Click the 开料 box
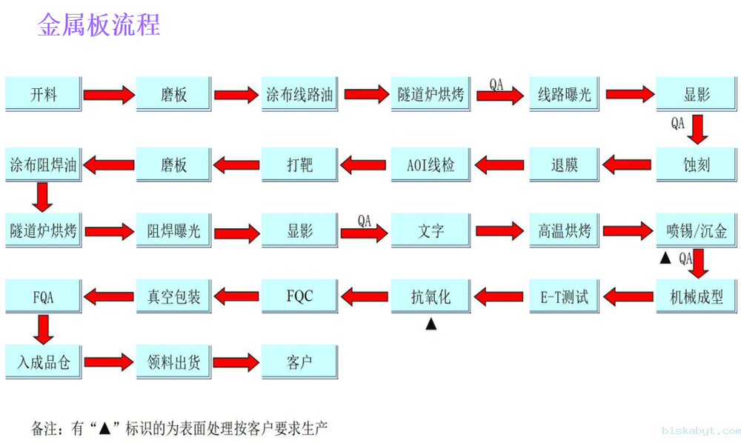click(x=43, y=94)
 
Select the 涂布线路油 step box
click(x=299, y=94)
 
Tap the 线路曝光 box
click(x=564, y=94)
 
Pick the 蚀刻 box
click(x=697, y=164)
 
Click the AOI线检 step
click(x=431, y=164)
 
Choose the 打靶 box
click(x=299, y=164)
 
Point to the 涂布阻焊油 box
click(x=43, y=164)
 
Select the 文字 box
click(x=431, y=230)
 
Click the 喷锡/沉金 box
click(x=697, y=230)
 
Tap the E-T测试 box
click(x=564, y=297)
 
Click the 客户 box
click(x=299, y=362)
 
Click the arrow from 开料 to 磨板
click(x=108, y=95)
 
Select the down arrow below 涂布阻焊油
click(x=43, y=197)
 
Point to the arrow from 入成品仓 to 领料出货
click(x=108, y=363)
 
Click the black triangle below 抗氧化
click(x=431, y=324)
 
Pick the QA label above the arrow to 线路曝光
click(x=496, y=85)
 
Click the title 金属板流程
click(x=99, y=25)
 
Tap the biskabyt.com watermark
click(x=700, y=430)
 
